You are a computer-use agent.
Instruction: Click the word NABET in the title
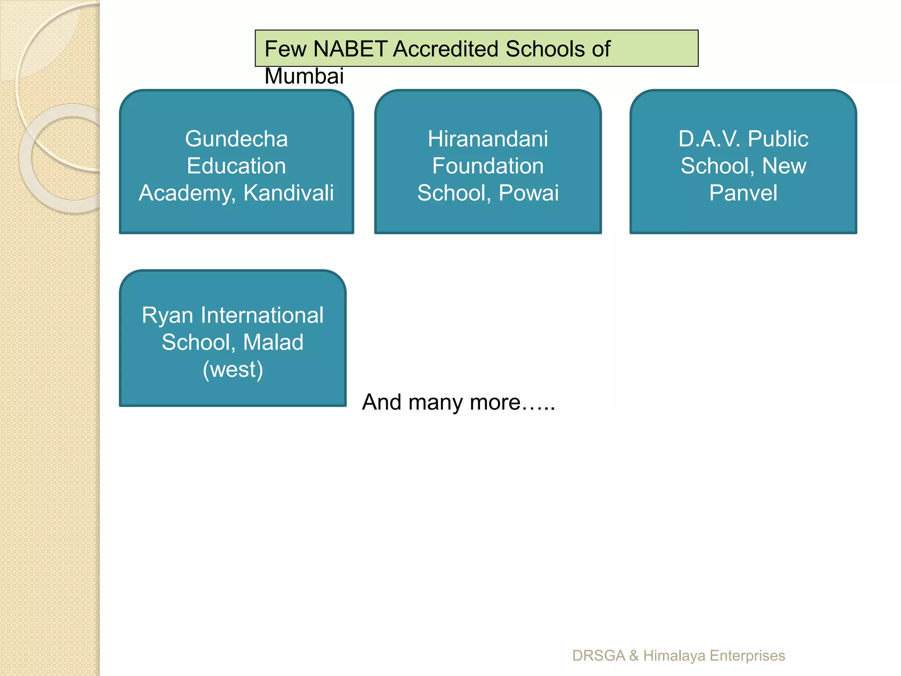tap(350, 49)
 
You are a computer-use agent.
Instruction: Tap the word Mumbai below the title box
tap(304, 76)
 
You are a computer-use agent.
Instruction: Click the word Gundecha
tap(236, 139)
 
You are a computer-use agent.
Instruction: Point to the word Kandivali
tap(289, 193)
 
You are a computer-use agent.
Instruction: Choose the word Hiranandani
tap(488, 139)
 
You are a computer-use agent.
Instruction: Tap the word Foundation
tap(488, 166)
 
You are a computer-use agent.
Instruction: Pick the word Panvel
tap(743, 193)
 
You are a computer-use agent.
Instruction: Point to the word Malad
tap(273, 342)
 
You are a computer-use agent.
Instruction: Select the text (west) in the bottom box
tap(233, 369)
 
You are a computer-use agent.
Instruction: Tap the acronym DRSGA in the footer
tap(598, 656)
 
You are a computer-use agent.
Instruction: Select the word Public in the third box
tap(778, 139)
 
